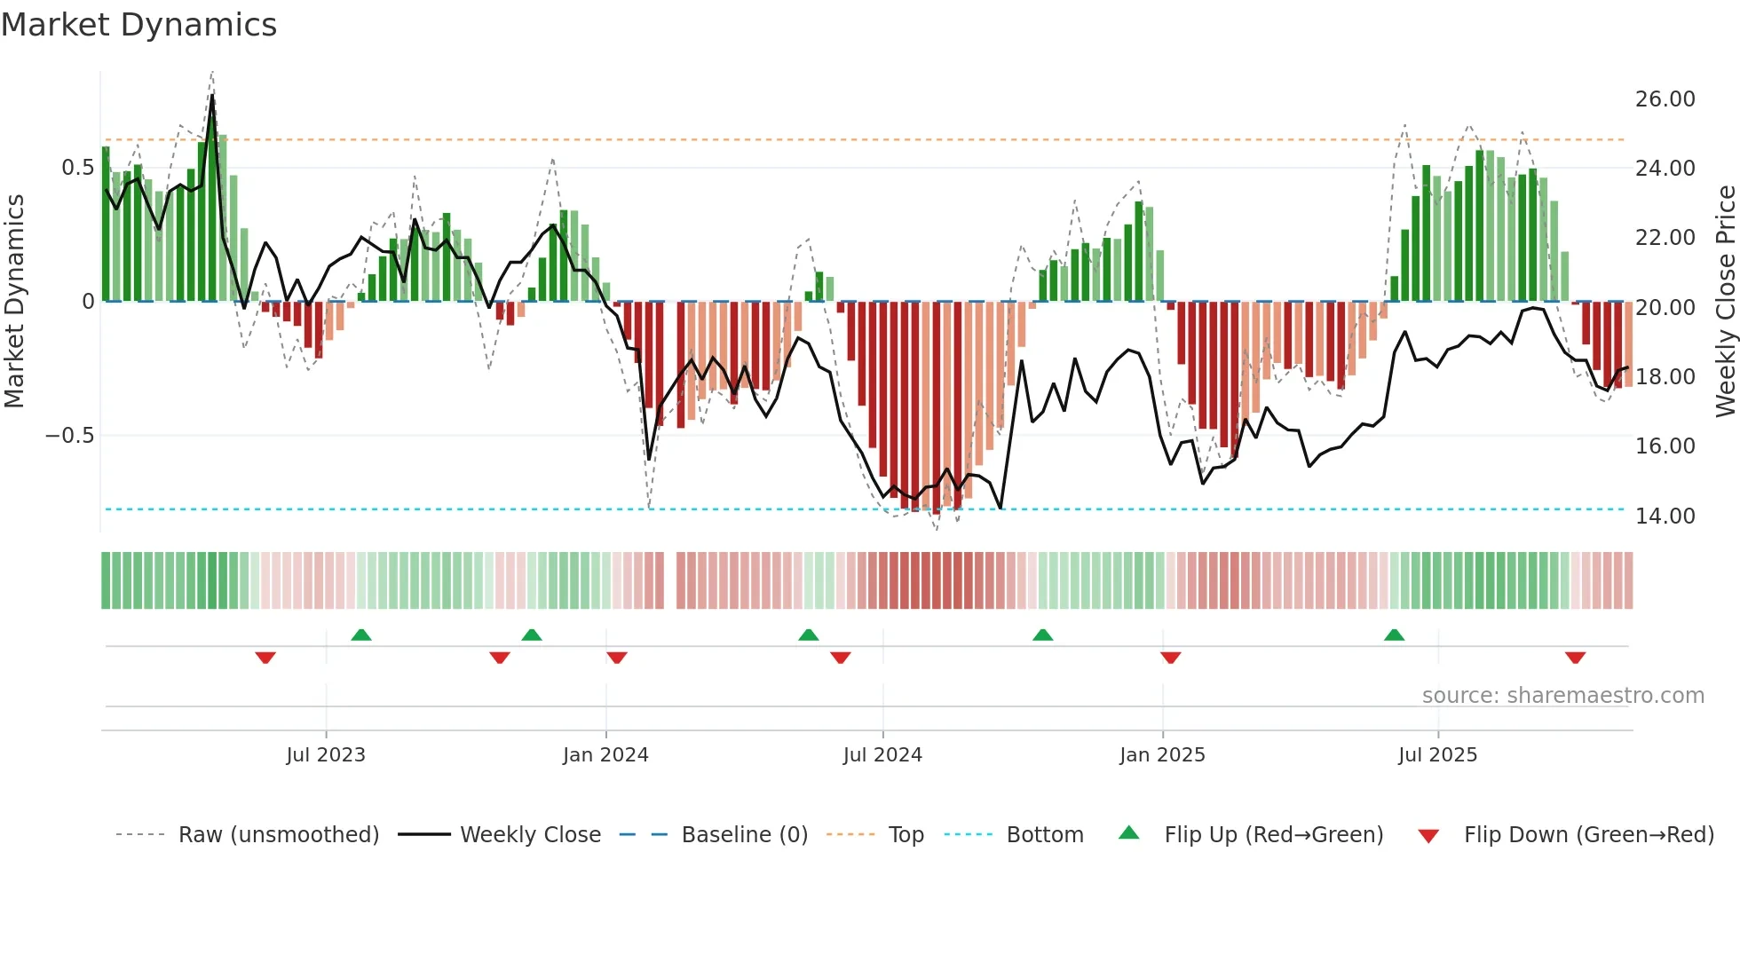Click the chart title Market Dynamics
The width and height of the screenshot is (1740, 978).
138,25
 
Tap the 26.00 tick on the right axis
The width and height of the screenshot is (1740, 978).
1665,99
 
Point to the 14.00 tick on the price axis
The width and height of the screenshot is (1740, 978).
1665,516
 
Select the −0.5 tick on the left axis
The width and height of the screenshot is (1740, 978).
69,436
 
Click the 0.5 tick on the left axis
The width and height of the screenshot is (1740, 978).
77,168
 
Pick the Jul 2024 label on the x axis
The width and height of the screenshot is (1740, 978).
882,755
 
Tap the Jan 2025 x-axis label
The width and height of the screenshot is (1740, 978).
1162,755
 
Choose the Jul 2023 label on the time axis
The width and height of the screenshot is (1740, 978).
326,755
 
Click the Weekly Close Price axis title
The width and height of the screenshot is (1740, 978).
1725,301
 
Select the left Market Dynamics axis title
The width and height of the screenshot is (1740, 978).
14,301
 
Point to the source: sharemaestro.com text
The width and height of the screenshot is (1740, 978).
1562,696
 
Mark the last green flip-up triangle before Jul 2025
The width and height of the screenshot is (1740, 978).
1394,635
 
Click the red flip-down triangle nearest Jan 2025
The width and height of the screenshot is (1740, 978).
1170,658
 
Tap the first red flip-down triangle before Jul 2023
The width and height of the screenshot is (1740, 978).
265,658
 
